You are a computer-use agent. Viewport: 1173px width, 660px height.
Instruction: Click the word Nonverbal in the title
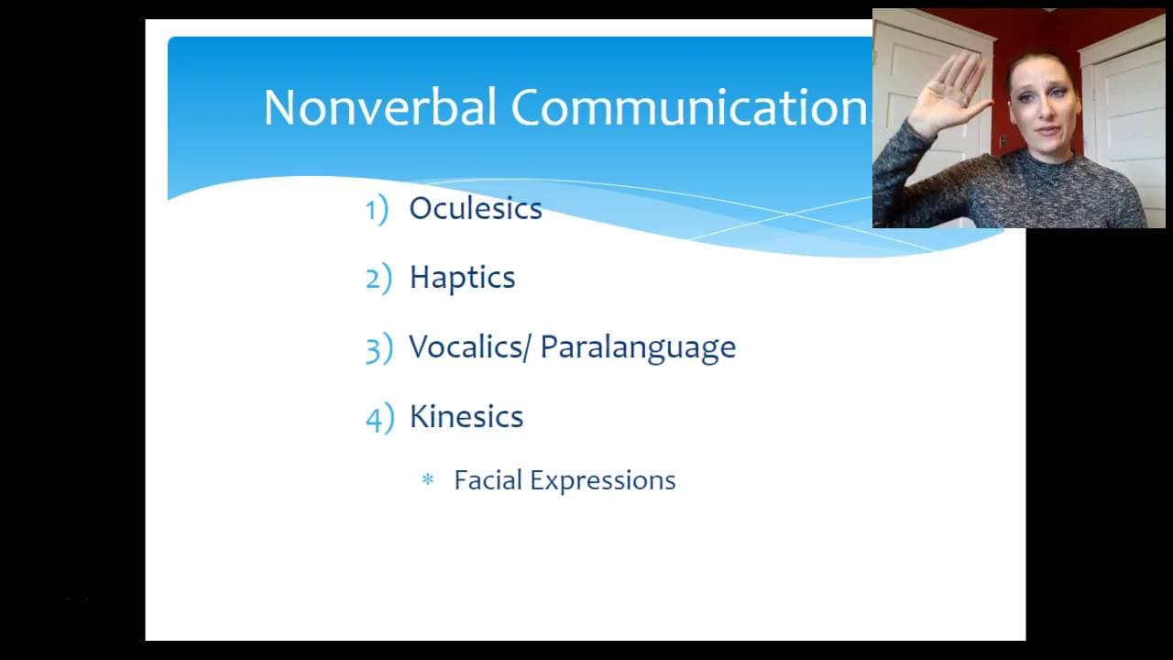point(379,107)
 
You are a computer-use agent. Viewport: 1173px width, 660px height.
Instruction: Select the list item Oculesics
point(476,208)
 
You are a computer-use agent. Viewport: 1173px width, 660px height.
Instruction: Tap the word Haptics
point(463,277)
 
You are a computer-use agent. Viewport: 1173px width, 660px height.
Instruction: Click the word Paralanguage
point(638,347)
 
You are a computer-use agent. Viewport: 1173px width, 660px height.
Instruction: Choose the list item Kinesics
point(466,416)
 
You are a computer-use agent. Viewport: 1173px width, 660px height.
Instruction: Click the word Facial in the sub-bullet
point(488,479)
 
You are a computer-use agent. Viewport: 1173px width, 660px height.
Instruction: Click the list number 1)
point(377,210)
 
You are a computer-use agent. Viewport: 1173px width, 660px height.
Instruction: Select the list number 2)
point(378,278)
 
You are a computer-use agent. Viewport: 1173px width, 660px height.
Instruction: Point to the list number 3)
point(379,348)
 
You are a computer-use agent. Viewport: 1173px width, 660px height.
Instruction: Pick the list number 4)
point(380,418)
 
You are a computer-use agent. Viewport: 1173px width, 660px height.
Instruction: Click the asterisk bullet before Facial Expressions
point(428,479)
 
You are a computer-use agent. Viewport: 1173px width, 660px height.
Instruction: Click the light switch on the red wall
point(1003,141)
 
